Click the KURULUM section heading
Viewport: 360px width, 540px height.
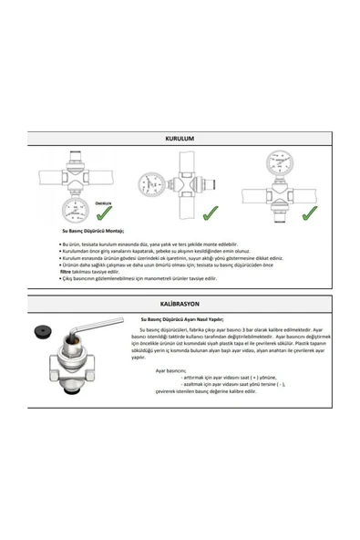click(x=180, y=139)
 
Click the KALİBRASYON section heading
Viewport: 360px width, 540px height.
click(x=180, y=301)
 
